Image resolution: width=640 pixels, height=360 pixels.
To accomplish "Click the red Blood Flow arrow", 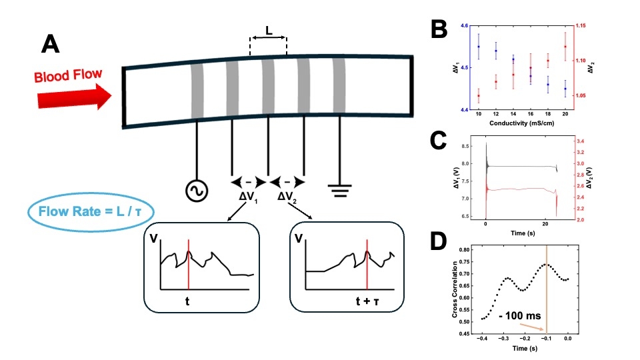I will [74, 97].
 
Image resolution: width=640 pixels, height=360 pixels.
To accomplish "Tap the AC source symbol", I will [197, 191].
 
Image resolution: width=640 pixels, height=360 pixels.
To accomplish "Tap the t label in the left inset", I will [188, 301].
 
